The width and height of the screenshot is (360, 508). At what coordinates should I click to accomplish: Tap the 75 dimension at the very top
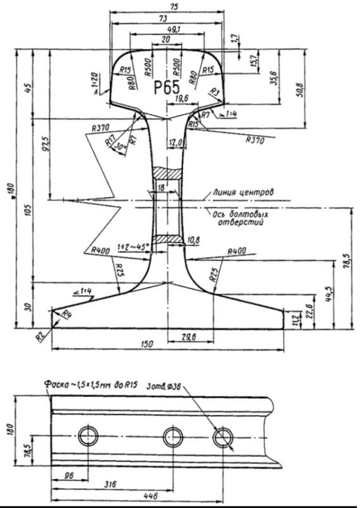point(168,7)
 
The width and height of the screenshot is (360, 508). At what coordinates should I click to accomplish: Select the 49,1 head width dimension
point(166,29)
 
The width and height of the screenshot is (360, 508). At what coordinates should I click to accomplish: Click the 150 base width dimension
point(147,344)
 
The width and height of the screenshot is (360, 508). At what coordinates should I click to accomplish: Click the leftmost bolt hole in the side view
point(88,437)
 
